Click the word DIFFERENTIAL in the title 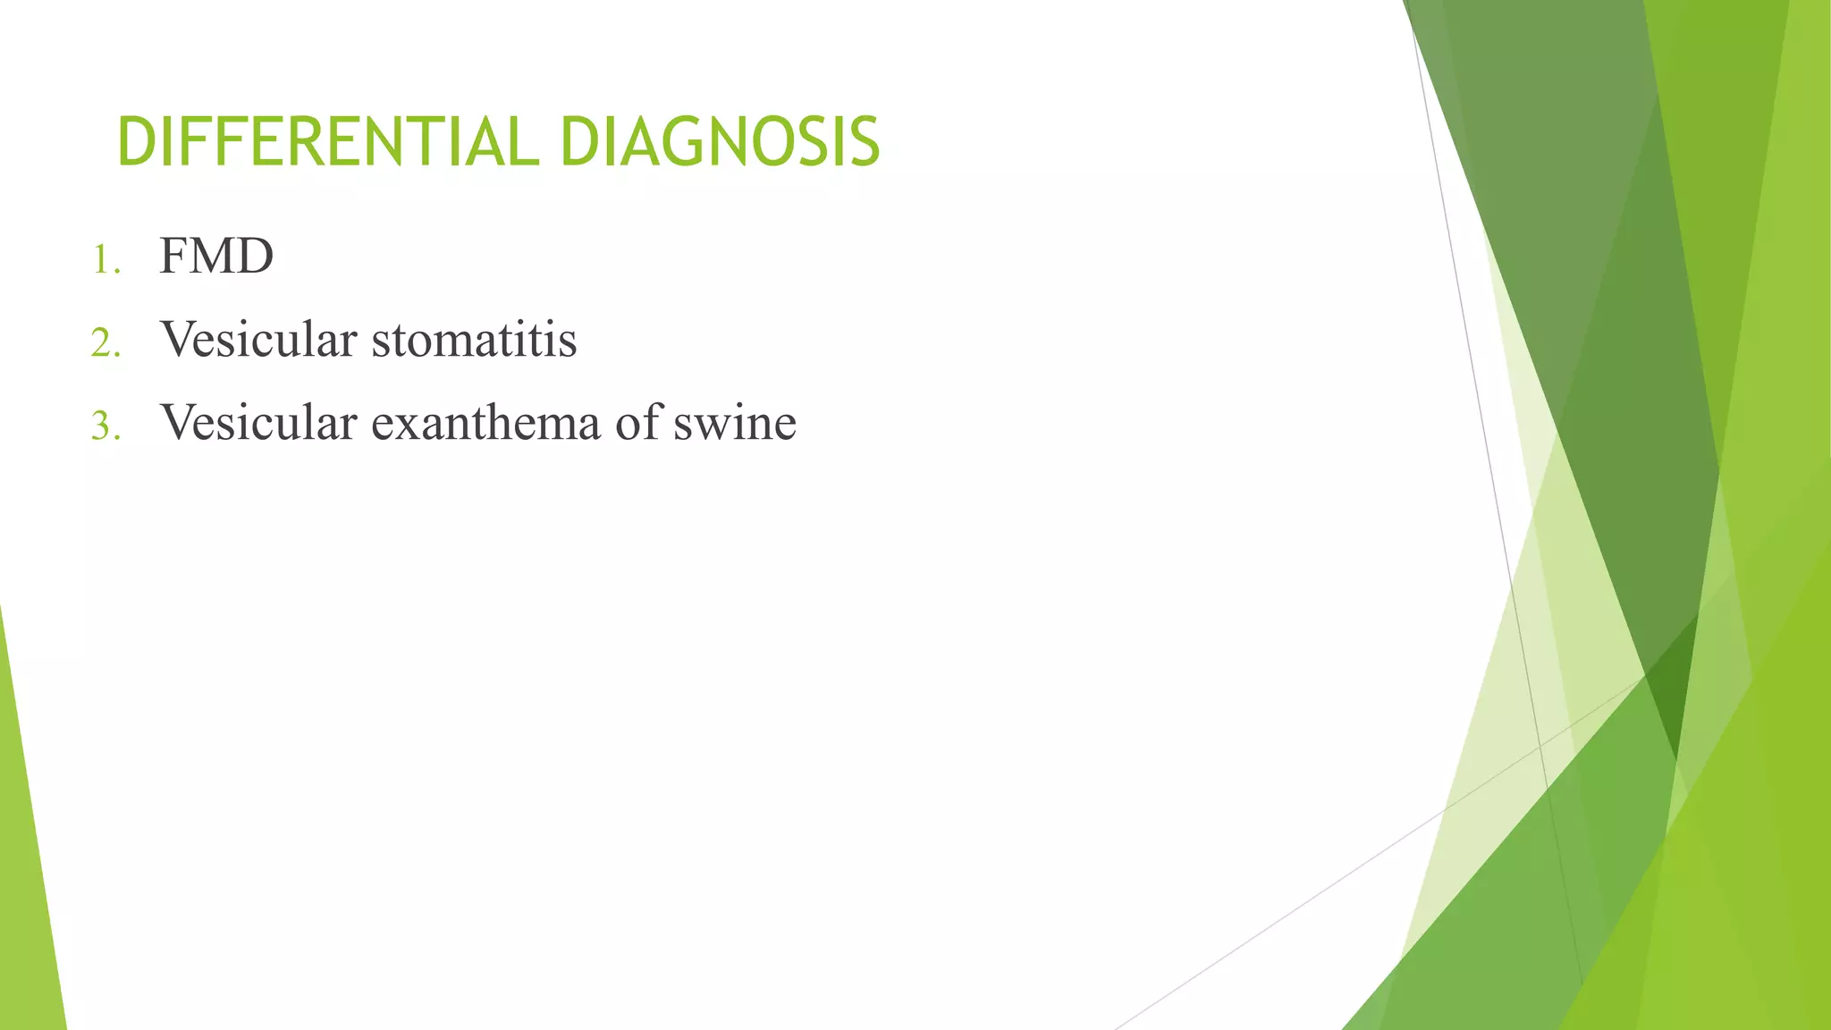[x=327, y=143]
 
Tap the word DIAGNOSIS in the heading [x=720, y=143]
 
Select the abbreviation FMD [x=216, y=257]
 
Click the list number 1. [x=105, y=261]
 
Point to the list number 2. [x=105, y=343]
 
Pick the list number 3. [x=105, y=426]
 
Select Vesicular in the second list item [x=258, y=340]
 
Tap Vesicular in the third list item [x=258, y=422]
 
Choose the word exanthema [x=485, y=422]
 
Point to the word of [x=636, y=422]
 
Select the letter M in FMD [x=214, y=257]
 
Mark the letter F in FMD [x=174, y=257]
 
